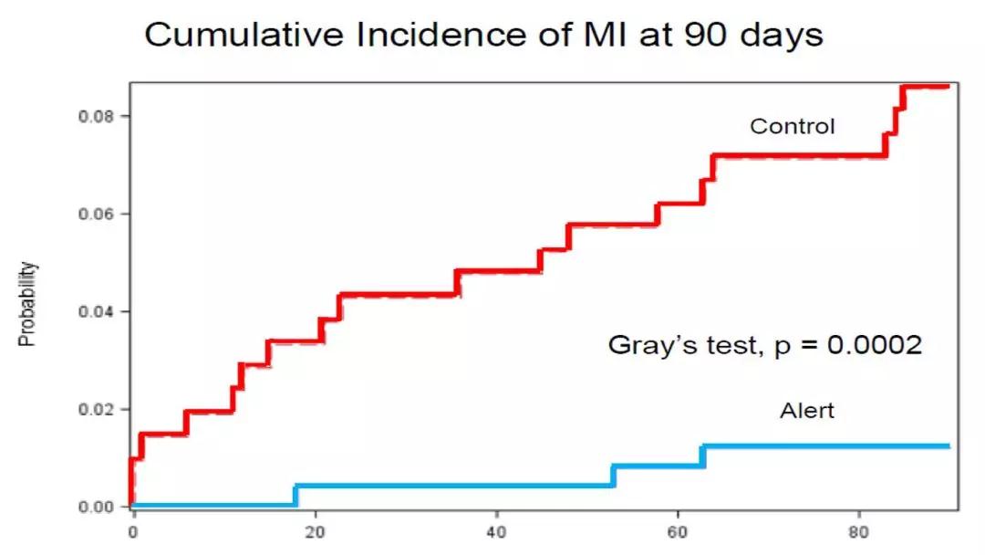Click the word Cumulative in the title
coord(244,35)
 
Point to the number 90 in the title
coord(706,36)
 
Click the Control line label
coord(793,126)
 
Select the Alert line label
coord(807,411)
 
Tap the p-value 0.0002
coord(875,344)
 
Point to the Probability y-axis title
coord(27,304)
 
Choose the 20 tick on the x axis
coord(315,532)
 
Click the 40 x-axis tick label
coord(496,532)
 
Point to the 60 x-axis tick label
coord(677,532)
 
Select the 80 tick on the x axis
coord(859,532)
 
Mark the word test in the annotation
coord(733,346)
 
